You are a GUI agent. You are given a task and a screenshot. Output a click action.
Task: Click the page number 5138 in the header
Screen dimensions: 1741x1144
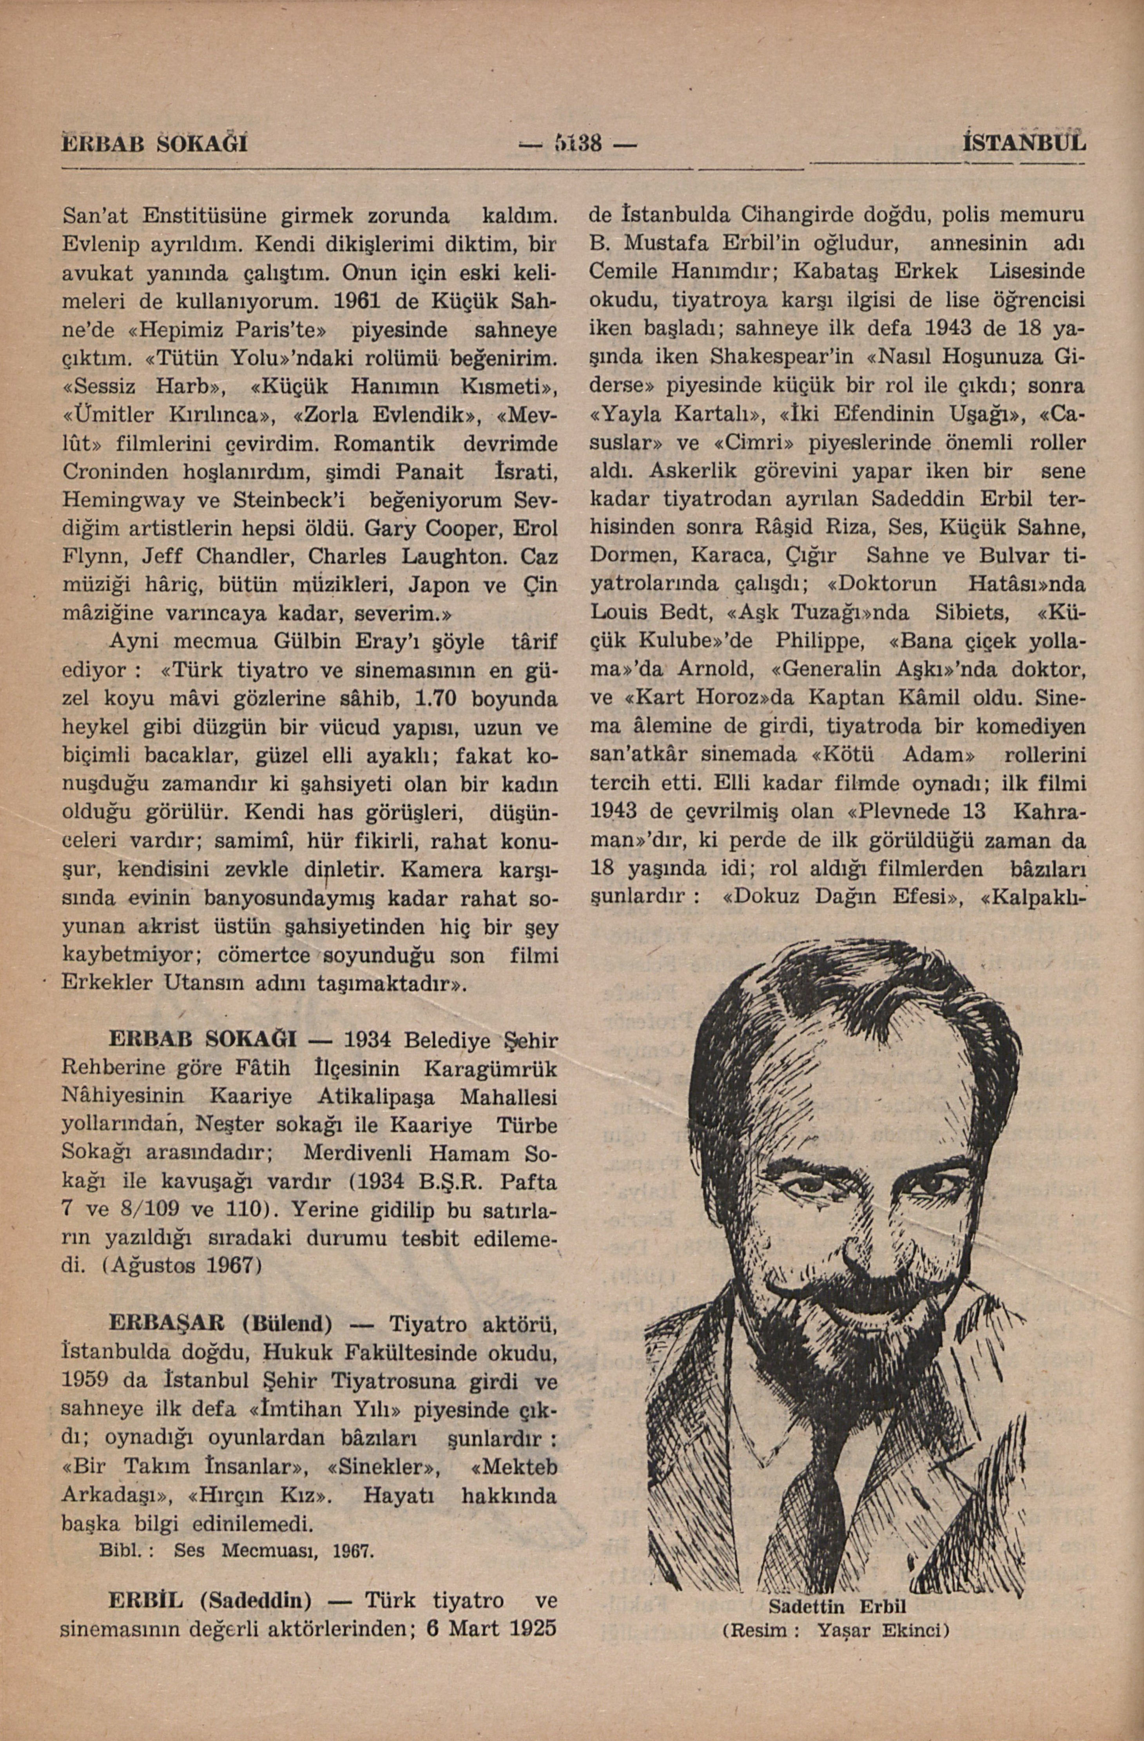(576, 143)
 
